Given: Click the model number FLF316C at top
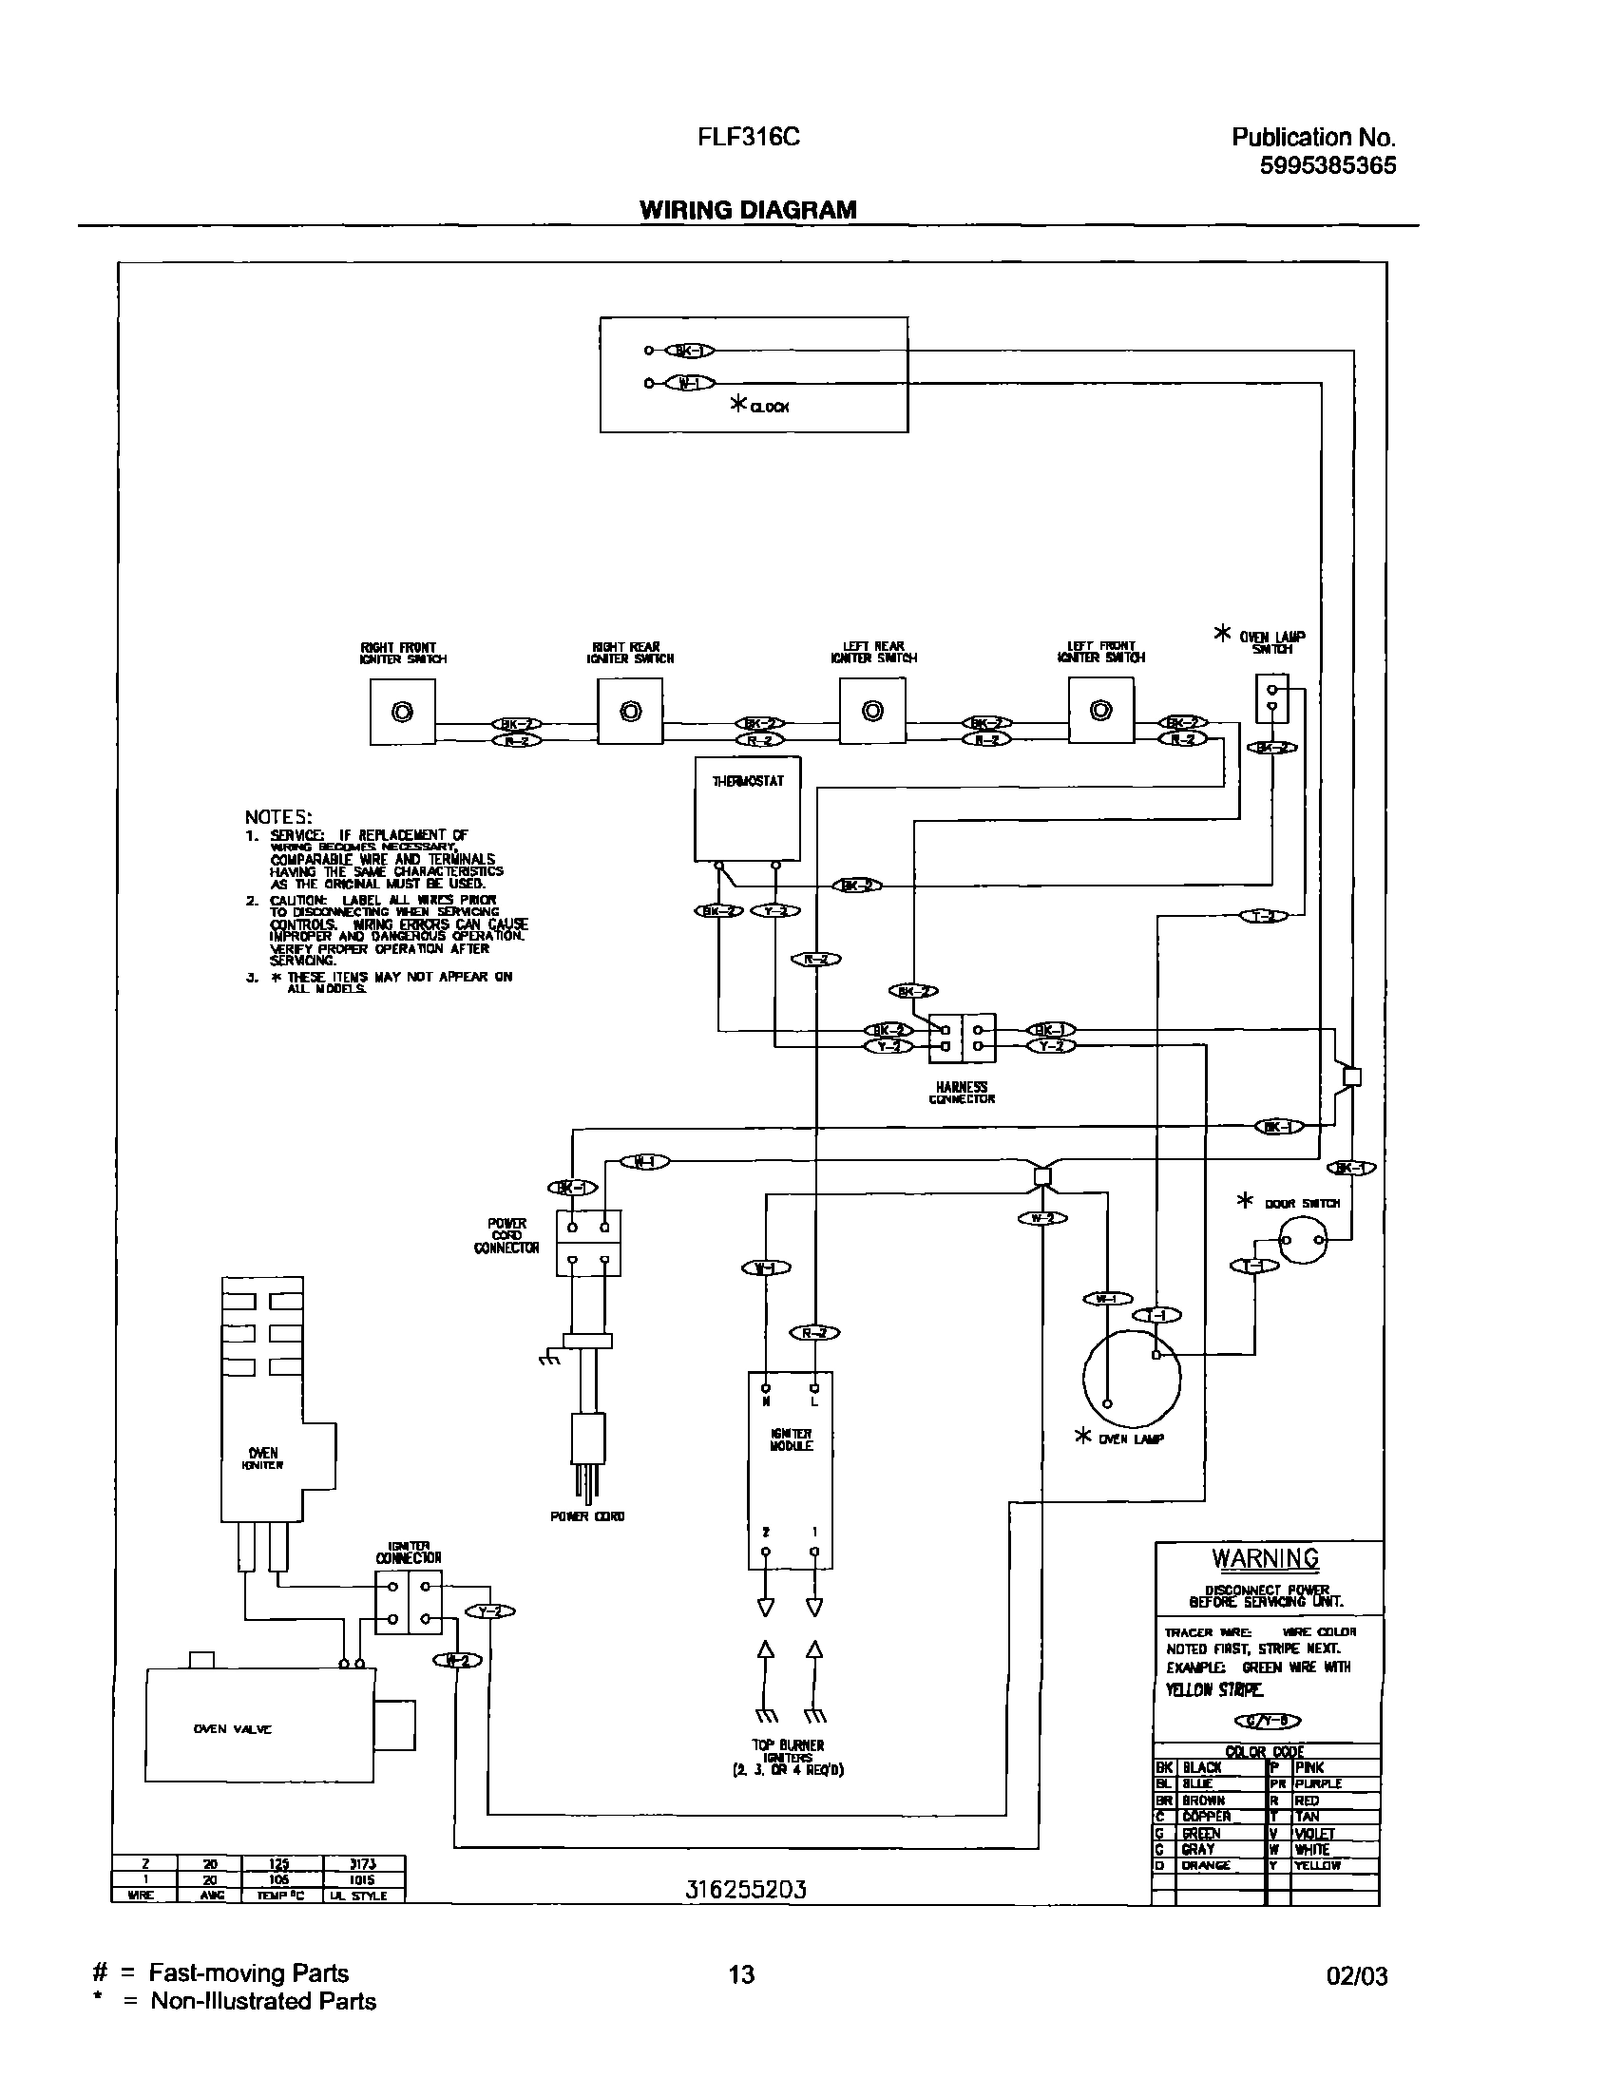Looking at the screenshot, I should pos(748,138).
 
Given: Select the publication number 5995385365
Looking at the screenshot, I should pos(1328,166).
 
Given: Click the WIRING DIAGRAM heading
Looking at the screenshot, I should pos(748,210).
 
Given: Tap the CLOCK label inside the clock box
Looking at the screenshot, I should pos(769,407).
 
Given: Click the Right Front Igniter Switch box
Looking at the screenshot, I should pos(402,713).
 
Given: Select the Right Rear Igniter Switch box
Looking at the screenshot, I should pos(630,712).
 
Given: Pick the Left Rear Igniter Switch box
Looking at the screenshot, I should pos(872,712).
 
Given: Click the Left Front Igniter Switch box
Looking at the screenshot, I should pos(1100,711).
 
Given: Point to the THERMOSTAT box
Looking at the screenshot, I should pos(747,809).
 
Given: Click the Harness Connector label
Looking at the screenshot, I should pos(962,1093).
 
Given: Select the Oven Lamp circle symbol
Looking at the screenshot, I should pos(1131,1377).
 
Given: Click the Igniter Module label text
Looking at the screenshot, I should pos(791,1439).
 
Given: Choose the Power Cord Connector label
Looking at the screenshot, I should pos(506,1235).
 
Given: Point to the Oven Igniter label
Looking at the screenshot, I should pos(263,1458).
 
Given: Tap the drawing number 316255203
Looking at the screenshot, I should pos(745,1890).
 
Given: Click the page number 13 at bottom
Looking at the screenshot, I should pos(741,1975).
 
